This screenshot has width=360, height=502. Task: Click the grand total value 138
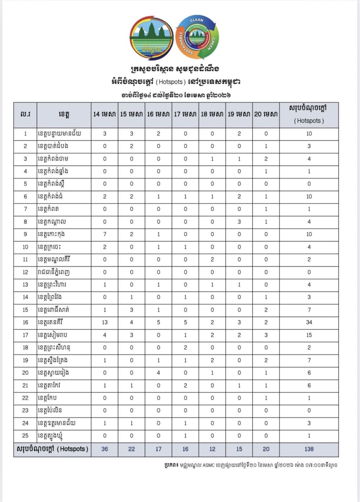pos(309,449)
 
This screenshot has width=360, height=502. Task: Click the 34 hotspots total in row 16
pos(309,322)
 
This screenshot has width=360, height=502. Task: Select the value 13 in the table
pos(104,322)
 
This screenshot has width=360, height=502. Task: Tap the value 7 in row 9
pos(104,234)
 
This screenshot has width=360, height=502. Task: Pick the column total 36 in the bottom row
pos(104,449)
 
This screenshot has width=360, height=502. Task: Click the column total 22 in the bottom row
pos(131,449)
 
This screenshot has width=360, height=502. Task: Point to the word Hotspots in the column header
pos(309,121)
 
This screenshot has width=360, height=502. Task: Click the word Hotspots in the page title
pos(171,82)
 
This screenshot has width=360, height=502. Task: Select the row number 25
pos(25,436)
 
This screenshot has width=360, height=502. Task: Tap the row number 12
pos(25,272)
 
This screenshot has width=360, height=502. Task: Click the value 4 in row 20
pos(158,373)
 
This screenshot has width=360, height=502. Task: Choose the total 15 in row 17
pos(309,335)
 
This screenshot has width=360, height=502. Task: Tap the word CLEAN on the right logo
pos(197,20)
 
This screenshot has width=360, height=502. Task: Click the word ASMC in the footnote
pos(208,465)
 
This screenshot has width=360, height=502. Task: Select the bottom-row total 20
pos(266,449)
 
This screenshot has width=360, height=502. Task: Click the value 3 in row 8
pos(239,221)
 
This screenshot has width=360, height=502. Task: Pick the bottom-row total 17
pos(158,449)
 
